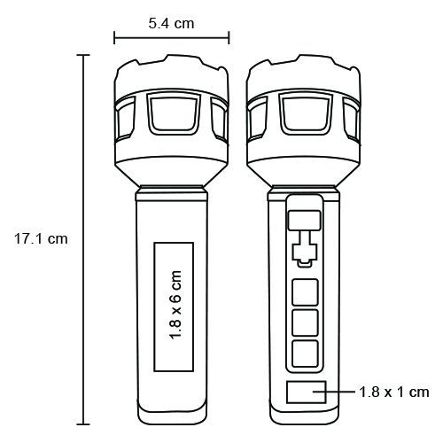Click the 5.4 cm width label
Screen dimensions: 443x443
tap(171, 24)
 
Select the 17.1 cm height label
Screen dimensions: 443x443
tap(41, 238)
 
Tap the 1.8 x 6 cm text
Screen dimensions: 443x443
tap(175, 305)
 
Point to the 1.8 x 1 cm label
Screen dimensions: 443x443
tap(394, 392)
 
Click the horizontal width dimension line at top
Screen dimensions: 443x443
tap(172, 38)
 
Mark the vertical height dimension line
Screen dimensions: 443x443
tap(83, 239)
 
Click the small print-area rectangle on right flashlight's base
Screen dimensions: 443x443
tap(307, 392)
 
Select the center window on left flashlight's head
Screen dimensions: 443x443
tap(174, 113)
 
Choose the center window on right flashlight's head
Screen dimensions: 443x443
tap(306, 113)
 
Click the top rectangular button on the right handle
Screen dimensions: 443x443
tap(305, 221)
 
